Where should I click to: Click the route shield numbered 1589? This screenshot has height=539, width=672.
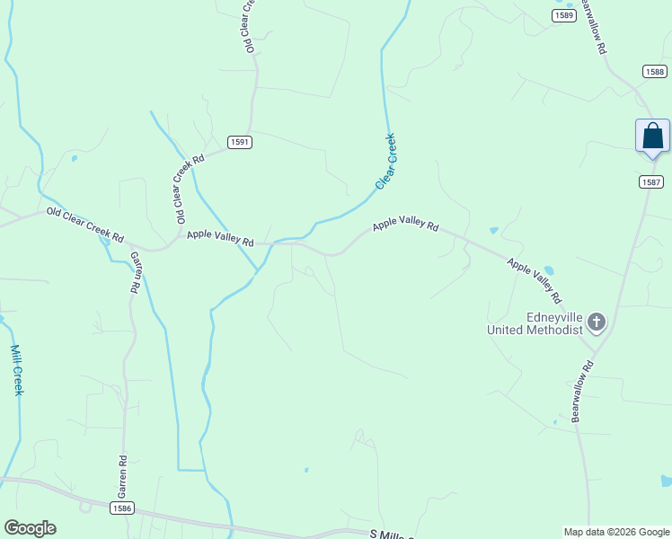(x=564, y=15)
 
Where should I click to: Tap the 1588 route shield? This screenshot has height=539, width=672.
(x=654, y=71)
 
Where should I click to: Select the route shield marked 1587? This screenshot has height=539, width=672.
(x=652, y=182)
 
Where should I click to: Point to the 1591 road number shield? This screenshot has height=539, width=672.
(x=239, y=142)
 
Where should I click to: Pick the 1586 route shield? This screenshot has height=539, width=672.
(x=123, y=508)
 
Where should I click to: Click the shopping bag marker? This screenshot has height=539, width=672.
(x=652, y=137)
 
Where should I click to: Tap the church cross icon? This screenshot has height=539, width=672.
(x=597, y=322)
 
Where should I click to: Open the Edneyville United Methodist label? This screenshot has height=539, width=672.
(x=535, y=323)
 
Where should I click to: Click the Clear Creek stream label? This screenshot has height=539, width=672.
(x=385, y=161)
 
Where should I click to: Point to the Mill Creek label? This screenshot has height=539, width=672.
(x=16, y=370)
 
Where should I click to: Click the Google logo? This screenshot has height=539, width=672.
(x=30, y=528)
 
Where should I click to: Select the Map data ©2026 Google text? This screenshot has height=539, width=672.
(x=615, y=532)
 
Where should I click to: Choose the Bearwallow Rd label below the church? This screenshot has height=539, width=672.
(x=583, y=391)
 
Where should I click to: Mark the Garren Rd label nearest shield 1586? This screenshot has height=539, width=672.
(x=122, y=477)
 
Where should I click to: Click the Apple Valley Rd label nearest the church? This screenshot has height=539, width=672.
(x=534, y=280)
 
